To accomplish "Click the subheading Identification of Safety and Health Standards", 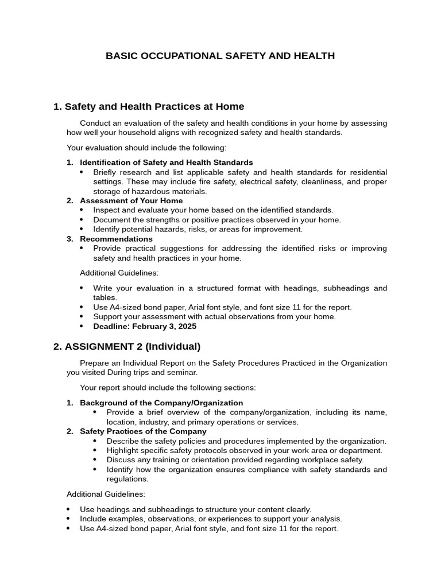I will pos(166,163).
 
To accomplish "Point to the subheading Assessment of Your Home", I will pos(131,200).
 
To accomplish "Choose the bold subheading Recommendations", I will pos(116,239).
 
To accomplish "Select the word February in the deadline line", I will pos(149,326).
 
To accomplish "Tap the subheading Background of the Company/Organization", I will pos(161,403).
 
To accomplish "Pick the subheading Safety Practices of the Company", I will pos(143,431).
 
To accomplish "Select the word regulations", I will pos(127,479).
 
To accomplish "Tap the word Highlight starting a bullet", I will pos(123,450).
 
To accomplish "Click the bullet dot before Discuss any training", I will pos(94,460).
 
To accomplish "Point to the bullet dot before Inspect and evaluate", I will pos(81,210).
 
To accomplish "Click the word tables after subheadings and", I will pos(105,297).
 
